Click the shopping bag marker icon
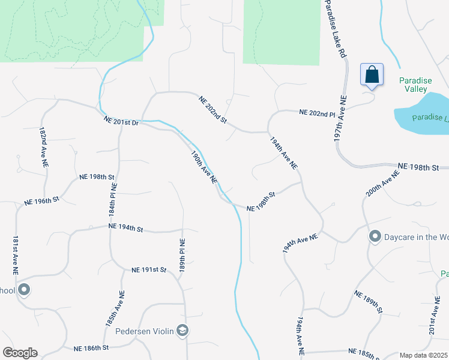tap(372, 75)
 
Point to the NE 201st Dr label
tap(121, 121)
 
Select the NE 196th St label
tap(41, 202)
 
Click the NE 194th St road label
tap(126, 228)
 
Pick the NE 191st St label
tap(148, 270)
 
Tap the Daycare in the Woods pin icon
tap(375, 237)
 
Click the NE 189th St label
tap(368, 302)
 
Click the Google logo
tap(20, 353)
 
